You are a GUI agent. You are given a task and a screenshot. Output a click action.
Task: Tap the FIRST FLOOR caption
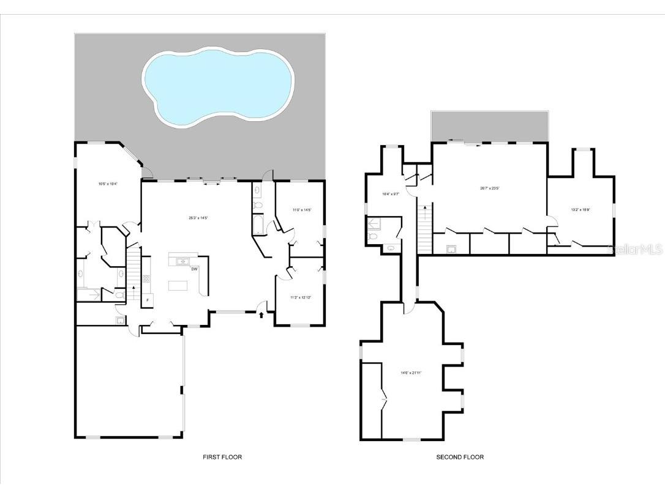222,457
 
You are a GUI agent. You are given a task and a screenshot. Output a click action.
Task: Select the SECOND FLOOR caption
460,457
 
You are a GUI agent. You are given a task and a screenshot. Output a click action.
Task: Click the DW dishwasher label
194,269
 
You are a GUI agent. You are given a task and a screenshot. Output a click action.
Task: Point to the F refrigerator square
148,300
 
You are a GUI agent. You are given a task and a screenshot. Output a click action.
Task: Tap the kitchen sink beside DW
182,262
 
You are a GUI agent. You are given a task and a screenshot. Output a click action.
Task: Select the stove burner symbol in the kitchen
146,280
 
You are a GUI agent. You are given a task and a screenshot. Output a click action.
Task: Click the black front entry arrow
262,314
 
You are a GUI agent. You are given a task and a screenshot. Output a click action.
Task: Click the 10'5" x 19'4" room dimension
108,184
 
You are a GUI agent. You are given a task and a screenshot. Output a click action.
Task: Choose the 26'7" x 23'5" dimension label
489,188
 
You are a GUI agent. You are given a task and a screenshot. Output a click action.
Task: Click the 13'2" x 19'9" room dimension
580,210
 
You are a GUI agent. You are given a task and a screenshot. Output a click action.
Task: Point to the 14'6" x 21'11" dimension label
411,373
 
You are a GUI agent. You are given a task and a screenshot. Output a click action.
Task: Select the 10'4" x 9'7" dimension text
390,194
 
